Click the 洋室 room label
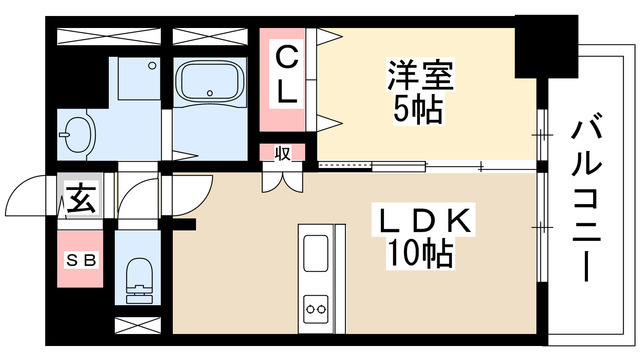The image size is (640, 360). click(420, 76)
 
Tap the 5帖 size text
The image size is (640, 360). click(418, 110)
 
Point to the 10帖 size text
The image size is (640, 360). click(420, 255)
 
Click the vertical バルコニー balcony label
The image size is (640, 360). click(587, 201)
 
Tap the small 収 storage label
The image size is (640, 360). click(282, 154)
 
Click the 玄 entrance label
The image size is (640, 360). click(81, 199)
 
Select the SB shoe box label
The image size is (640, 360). click(82, 260)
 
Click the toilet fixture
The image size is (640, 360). click(139, 281)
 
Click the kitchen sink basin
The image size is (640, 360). click(316, 253)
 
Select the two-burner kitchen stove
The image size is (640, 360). click(316, 309)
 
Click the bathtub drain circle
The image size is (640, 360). click(210, 92)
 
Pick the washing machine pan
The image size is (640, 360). click(139, 78)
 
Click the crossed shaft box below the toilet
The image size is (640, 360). click(138, 325)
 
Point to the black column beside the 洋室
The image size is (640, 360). click(546, 47)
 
